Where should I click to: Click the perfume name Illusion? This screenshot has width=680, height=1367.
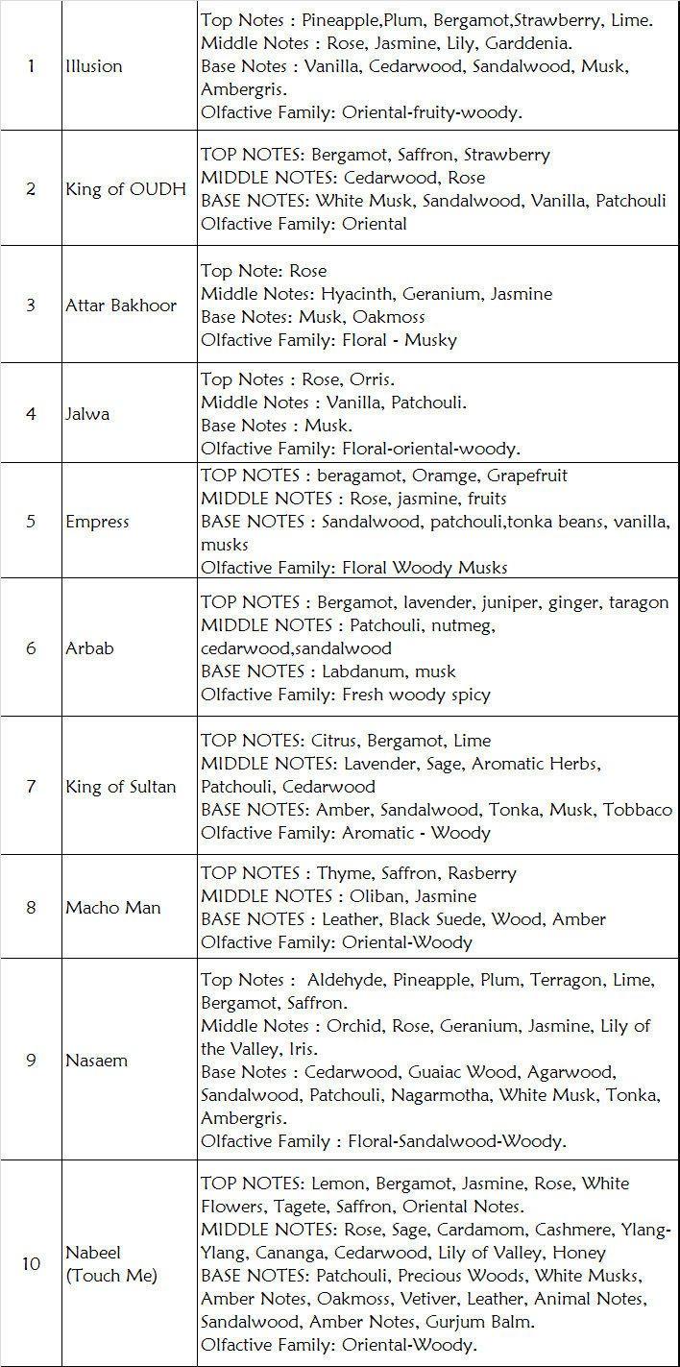pyautogui.click(x=94, y=66)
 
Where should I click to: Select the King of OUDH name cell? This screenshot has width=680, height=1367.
pyautogui.click(x=126, y=189)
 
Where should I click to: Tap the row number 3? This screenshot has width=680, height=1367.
pyautogui.click(x=31, y=305)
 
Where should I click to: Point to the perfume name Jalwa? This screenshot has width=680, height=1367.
pyautogui.click(x=87, y=414)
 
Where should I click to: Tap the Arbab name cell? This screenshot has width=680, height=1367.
pyautogui.click(x=89, y=648)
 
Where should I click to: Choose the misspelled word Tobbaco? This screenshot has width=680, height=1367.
pyautogui.click(x=638, y=810)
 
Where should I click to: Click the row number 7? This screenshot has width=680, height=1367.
pyautogui.click(x=31, y=787)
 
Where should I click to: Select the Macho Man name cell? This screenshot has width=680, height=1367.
pyautogui.click(x=113, y=908)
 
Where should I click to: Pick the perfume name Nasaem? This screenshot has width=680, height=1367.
pyautogui.click(x=96, y=1061)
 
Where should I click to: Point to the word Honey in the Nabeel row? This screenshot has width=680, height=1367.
pyautogui.click(x=580, y=1253)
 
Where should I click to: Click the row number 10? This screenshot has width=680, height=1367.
pyautogui.click(x=31, y=1263)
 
